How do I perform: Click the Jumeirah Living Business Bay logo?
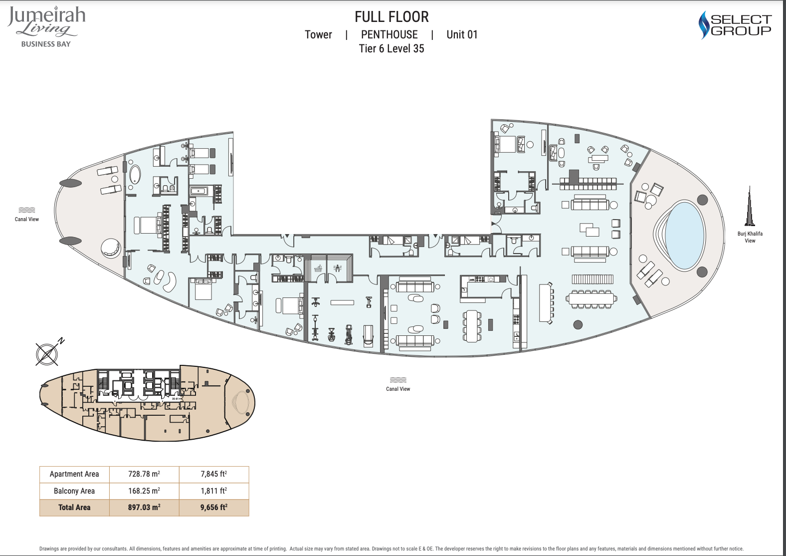pos(46,27)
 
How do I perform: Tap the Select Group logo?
pos(735,25)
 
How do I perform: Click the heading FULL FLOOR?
pos(392,17)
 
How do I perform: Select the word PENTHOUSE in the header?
pos(389,35)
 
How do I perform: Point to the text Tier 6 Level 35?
pos(392,48)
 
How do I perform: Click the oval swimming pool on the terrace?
pos(685,236)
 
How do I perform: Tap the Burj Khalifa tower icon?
pos(750,207)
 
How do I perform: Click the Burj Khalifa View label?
pos(750,237)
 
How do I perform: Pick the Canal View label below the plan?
pos(398,389)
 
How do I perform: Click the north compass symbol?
pos(48,353)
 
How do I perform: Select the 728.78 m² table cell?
pos(144,474)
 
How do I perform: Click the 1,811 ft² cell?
pos(213,491)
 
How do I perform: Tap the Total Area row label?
pos(74,508)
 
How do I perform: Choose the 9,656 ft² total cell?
pos(213,508)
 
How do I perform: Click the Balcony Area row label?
pos(74,491)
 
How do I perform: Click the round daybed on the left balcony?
pos(111,249)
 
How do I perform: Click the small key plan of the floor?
pos(147,403)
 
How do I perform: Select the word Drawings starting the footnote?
pos(49,549)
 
